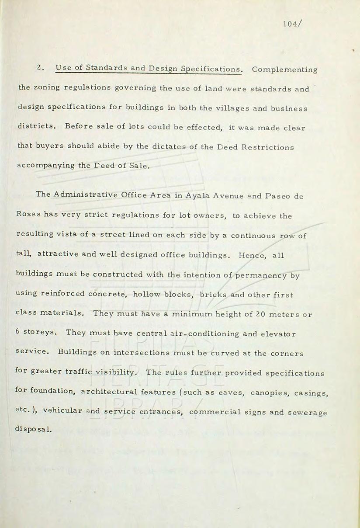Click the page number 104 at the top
click(290, 24)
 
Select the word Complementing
click(284, 70)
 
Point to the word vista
click(76, 234)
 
